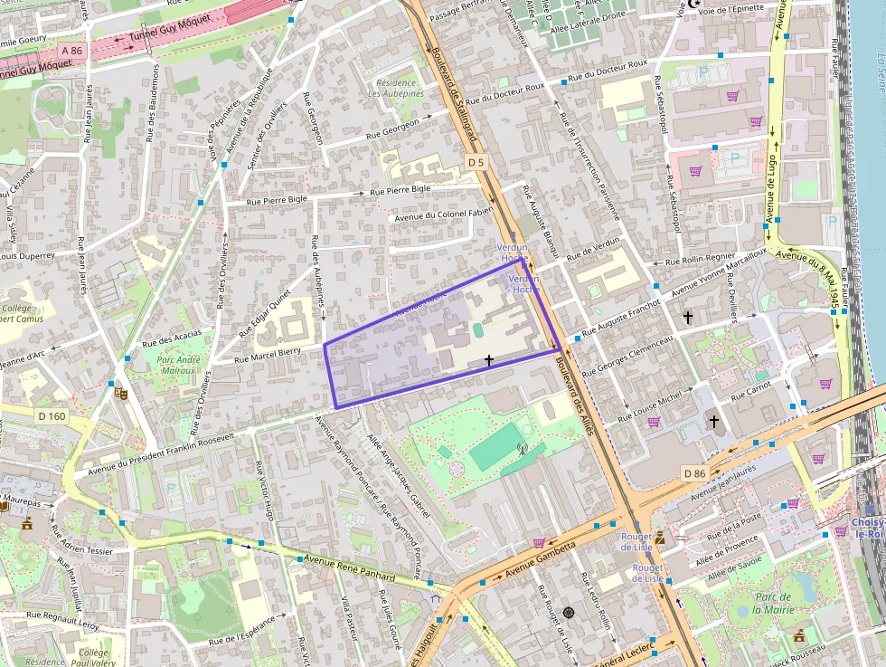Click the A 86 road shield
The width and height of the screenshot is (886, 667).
tap(71, 51)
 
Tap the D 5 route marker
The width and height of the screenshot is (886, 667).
tap(476, 162)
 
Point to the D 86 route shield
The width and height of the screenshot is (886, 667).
tap(694, 473)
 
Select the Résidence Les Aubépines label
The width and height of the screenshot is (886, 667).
tap(396, 87)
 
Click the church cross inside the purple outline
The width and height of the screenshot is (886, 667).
tap(489, 360)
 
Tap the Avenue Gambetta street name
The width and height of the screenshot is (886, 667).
tap(541, 562)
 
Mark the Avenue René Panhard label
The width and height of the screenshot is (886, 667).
tap(350, 569)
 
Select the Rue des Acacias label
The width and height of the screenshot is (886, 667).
tap(172, 338)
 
